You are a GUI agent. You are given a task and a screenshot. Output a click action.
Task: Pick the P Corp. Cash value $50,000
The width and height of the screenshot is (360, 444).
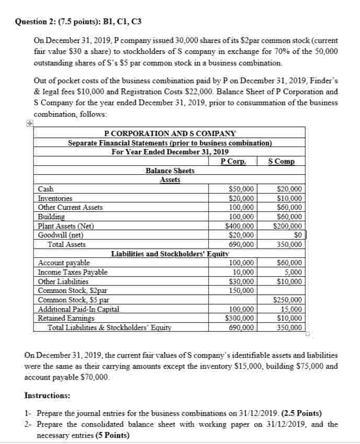[x=242, y=189]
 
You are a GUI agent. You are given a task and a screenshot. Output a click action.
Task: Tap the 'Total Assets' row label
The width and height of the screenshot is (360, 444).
[x=66, y=244]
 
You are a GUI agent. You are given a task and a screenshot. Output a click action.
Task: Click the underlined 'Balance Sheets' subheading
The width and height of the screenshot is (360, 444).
[x=170, y=171]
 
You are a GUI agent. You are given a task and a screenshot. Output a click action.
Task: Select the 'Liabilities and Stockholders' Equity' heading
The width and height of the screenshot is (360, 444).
[x=170, y=254]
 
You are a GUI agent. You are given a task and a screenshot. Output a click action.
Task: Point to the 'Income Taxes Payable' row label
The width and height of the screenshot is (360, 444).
[x=73, y=272]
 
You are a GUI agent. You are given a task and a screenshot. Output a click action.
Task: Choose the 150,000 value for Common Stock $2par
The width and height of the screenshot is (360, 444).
[x=242, y=290]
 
